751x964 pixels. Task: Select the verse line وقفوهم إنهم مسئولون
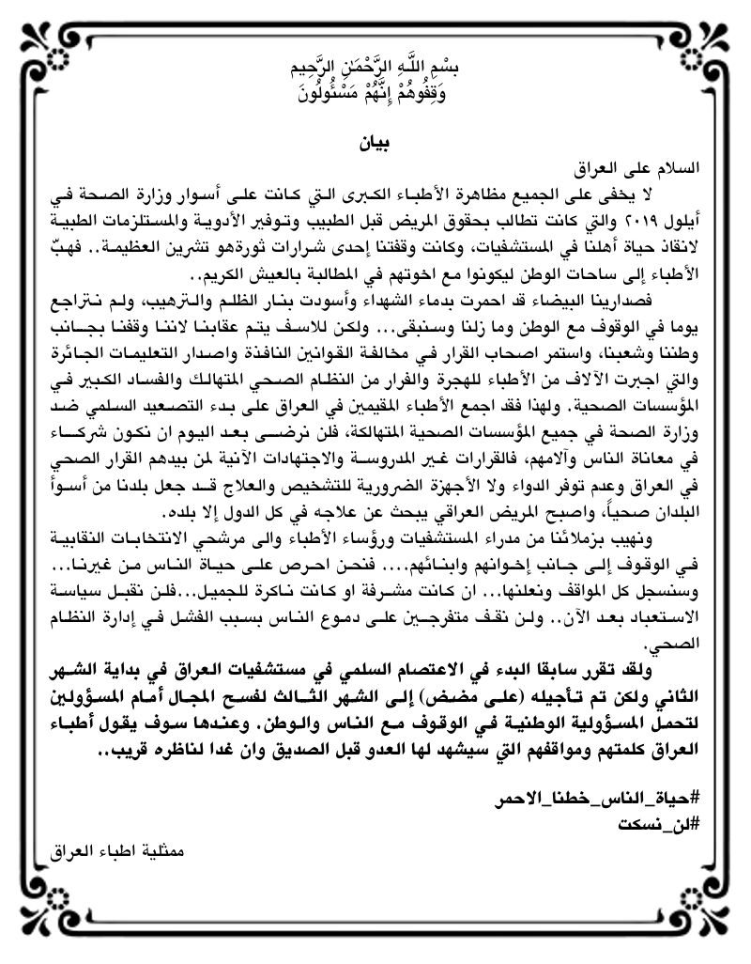coord(375,95)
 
